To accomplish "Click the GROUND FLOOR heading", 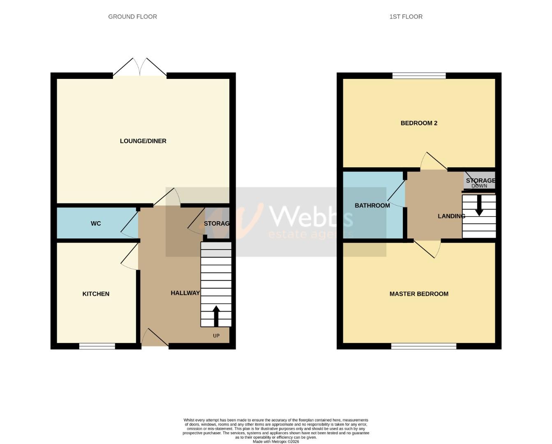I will pos(132,17).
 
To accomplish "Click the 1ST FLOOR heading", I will pos(406,17).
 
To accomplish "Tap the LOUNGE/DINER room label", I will pos(143,141).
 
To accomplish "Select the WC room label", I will pos(96,224).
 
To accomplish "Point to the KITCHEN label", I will pos(96,294).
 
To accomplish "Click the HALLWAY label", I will pos(185,293).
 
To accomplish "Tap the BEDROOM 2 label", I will pos(419,123).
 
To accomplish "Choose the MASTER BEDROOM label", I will pos(419,294).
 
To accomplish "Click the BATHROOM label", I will pos(372,206).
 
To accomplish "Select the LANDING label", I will pos(451,216).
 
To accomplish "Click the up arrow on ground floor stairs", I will pos(216,316).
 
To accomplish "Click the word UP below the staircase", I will pos(216,336).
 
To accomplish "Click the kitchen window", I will pos(97,347).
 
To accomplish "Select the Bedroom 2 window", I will pos(419,76).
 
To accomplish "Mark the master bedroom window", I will pos(423,347).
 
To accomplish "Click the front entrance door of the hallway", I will pos(155,338).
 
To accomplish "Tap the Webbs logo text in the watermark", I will pos(310,216).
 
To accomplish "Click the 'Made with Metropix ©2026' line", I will pos(276,442).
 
